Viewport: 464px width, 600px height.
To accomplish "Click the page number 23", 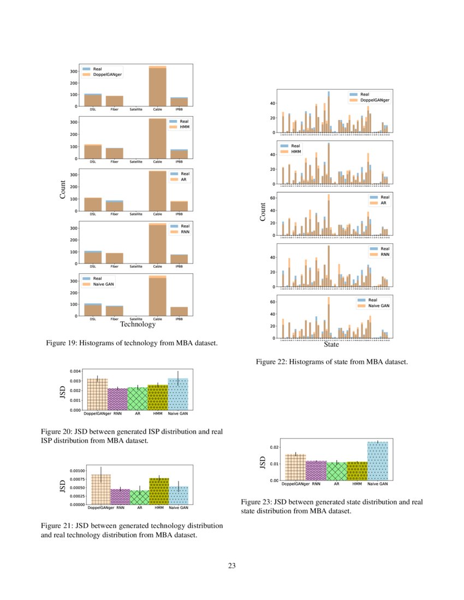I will pos(231,566).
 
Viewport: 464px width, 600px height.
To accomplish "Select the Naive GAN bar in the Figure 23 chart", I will pos(377,461).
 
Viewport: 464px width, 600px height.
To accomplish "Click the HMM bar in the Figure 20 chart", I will pos(158,398).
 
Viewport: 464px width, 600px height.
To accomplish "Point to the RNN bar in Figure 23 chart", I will pos(316,471).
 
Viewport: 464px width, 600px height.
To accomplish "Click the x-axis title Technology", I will pos(137,325).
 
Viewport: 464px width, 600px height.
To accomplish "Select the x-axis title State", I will pos(331,345).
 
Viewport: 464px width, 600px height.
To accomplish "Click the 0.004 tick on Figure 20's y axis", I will pos(75,371).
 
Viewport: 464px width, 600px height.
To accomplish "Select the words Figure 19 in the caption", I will pos(61,343).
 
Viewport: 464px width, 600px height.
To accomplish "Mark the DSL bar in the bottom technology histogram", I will pos(93,310).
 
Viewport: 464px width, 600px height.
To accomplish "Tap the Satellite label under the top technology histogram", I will pos(136,109).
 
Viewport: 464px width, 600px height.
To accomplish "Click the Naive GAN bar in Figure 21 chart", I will pos(179,495).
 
